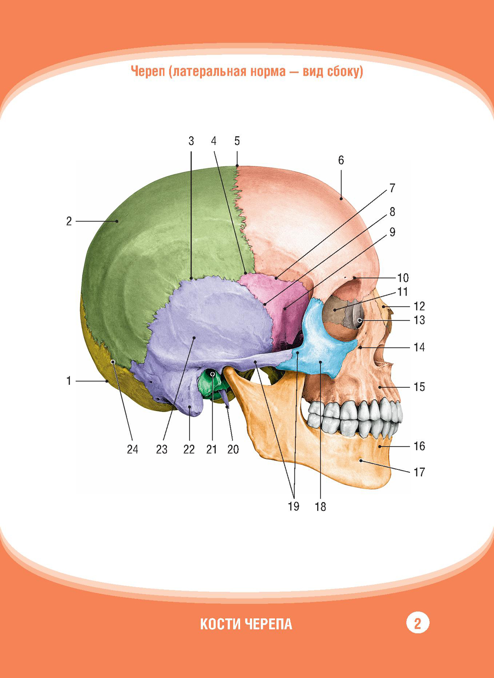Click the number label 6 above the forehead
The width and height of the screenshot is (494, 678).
(341, 160)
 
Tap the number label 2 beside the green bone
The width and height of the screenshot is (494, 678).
(69, 221)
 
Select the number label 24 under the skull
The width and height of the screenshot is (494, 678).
(132, 450)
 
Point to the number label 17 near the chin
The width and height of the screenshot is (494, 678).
(419, 472)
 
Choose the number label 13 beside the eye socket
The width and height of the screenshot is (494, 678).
(419, 320)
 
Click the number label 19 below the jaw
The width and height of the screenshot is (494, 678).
(293, 506)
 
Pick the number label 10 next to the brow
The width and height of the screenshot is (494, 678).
(403, 277)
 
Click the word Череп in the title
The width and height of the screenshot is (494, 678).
(149, 72)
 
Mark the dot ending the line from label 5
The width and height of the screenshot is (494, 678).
(237, 166)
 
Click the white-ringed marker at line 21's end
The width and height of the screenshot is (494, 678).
(212, 374)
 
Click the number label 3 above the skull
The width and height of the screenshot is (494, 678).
(191, 141)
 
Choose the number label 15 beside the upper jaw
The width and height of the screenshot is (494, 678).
(419, 386)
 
